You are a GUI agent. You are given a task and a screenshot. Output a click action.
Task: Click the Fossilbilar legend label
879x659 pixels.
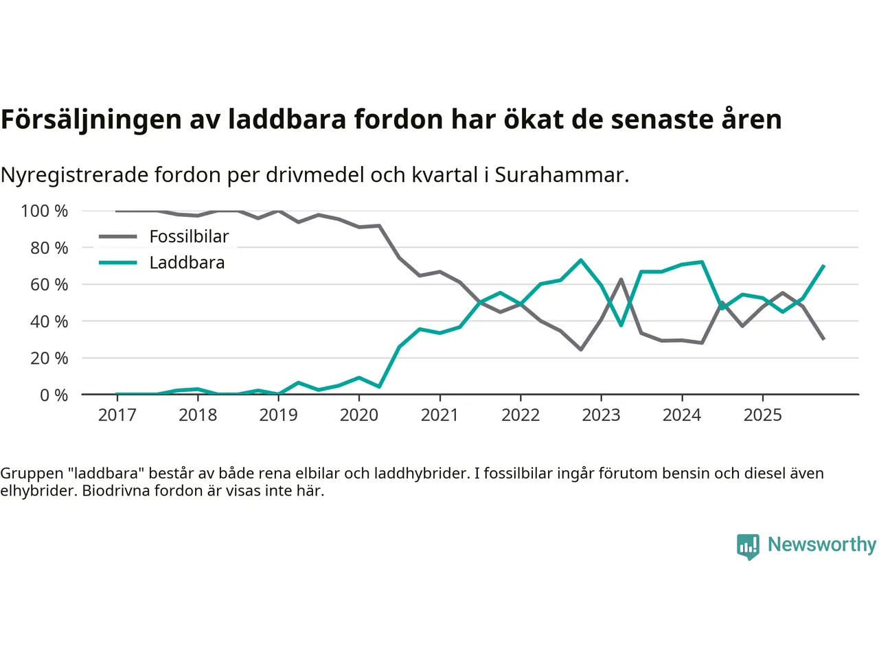point(189,237)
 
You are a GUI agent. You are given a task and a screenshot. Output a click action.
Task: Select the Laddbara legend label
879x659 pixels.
point(187,263)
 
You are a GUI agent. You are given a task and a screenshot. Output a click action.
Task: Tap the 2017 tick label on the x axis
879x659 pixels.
point(117,415)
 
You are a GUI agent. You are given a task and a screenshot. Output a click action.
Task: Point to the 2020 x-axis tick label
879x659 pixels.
point(359,415)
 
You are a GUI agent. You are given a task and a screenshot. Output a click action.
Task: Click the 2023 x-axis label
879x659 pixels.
point(601,415)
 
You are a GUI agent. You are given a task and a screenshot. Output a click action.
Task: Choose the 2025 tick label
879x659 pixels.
point(762,415)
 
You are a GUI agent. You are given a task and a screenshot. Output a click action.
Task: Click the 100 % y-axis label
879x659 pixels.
point(45,211)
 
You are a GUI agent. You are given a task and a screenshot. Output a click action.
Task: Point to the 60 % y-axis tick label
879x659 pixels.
point(49,284)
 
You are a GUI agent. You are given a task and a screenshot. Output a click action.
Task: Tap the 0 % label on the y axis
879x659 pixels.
point(54,395)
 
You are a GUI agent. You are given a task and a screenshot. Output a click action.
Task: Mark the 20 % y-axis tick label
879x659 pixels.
point(49,358)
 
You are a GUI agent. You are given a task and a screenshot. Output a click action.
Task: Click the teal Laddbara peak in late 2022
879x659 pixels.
point(581,260)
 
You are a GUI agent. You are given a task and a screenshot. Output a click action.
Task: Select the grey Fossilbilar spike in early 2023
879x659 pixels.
point(621,279)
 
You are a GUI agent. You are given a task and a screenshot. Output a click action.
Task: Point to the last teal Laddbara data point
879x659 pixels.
point(823,266)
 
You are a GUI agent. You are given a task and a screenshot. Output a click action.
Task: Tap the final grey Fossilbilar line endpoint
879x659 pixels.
point(823,339)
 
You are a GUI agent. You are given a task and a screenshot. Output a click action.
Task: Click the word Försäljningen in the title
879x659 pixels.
point(91,120)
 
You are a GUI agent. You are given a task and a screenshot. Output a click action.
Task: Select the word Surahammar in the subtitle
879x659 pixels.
point(560,175)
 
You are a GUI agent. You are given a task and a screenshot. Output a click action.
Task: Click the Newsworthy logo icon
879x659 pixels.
point(748,546)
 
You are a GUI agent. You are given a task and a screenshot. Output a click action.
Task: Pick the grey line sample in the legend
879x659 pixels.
point(118,237)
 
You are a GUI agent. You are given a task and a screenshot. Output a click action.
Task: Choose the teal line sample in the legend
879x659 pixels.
point(118,263)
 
